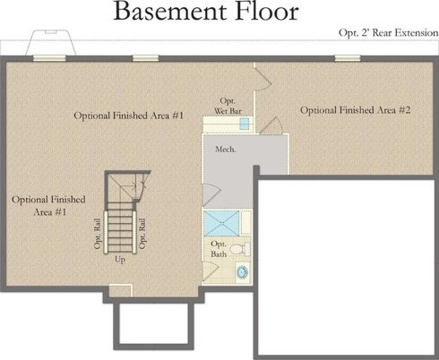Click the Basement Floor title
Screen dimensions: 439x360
pyautogui.click(x=206, y=12)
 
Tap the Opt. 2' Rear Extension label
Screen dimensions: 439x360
pyautogui.click(x=388, y=32)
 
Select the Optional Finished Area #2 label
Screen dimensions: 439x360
pyautogui.click(x=355, y=110)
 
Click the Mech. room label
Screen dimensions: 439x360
pyautogui.click(x=226, y=149)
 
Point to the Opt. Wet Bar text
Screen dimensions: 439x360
pyautogui.click(x=228, y=106)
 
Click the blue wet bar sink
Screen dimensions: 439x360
pyautogui.click(x=245, y=124)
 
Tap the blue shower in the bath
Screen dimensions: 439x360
pyautogui.click(x=221, y=223)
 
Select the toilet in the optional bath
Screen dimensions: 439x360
pyautogui.click(x=241, y=249)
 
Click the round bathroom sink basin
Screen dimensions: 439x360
pyautogui.click(x=242, y=272)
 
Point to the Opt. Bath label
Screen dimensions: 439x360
pyautogui.click(x=219, y=249)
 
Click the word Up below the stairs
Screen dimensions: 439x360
pyautogui.click(x=120, y=260)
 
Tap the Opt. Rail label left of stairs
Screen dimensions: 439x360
pyautogui.click(x=98, y=234)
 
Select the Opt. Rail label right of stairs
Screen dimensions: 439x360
pyautogui.click(x=142, y=234)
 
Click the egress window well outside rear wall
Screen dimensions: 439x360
pyautogui.click(x=50, y=42)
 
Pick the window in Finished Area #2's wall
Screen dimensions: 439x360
pyautogui.click(x=348, y=58)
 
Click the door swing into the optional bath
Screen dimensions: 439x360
pyautogui.click(x=211, y=271)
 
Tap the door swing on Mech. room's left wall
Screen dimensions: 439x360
pyautogui.click(x=211, y=194)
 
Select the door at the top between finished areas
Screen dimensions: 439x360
pyautogui.click(x=263, y=78)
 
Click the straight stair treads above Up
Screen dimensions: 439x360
pyautogui.click(x=120, y=227)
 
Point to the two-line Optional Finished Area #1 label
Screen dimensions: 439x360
pyautogui.click(x=48, y=206)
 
